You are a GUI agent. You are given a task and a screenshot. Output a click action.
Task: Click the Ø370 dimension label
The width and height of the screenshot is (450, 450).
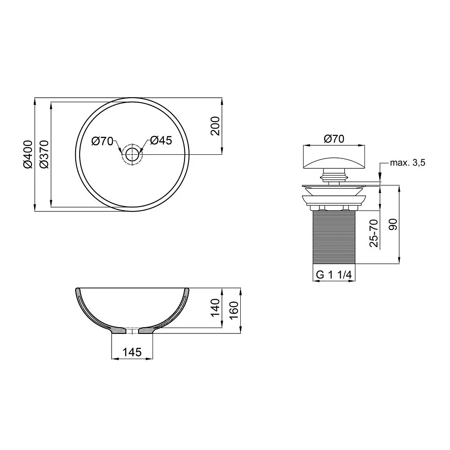pos(44,154)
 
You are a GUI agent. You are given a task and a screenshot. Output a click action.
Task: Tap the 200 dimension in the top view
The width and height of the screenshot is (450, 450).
pos(215,126)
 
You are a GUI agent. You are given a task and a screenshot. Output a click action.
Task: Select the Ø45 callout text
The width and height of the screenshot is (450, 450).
pos(161,140)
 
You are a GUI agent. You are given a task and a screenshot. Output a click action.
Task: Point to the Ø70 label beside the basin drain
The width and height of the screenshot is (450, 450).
pos(103,141)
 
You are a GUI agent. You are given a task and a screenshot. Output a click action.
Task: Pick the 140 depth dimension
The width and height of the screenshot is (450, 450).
pos(215,308)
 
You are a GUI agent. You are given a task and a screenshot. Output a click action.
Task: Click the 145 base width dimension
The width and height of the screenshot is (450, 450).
pos(132,352)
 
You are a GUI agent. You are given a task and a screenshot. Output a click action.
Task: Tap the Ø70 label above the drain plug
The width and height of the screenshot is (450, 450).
pos(334,139)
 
